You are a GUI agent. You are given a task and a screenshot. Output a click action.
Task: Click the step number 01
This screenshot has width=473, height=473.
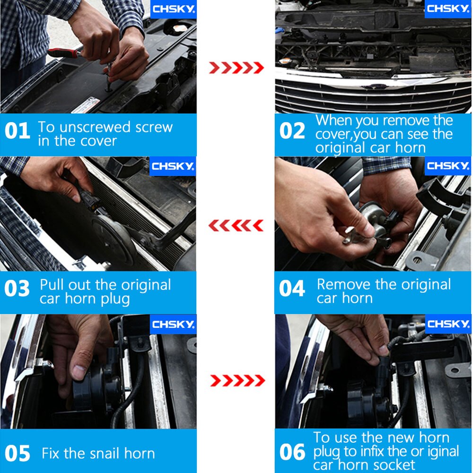pyautogui.click(x=17, y=131)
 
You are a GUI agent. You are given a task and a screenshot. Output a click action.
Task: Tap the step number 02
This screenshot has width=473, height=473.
pyautogui.click(x=292, y=131)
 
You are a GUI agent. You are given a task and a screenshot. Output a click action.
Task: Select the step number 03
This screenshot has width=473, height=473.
pyautogui.click(x=17, y=289)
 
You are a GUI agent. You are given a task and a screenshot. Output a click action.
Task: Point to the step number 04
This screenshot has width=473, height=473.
pyautogui.click(x=292, y=289)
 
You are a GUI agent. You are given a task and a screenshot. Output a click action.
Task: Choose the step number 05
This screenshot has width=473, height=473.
pyautogui.click(x=17, y=453)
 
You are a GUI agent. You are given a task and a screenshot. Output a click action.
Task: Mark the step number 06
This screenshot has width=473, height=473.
pyautogui.click(x=292, y=452)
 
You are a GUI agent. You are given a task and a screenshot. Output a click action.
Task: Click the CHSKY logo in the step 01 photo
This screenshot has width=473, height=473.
pyautogui.click(x=174, y=9)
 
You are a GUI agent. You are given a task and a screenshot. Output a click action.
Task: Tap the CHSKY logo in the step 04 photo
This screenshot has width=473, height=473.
pyautogui.click(x=448, y=166)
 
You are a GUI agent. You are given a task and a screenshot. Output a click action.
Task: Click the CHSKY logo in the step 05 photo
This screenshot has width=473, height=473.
pyautogui.click(x=173, y=324)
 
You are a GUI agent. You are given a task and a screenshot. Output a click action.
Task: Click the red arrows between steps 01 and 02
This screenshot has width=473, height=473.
pyautogui.click(x=236, y=68)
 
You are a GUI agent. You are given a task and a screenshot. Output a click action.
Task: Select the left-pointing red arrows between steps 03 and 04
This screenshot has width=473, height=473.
pyautogui.click(x=236, y=226)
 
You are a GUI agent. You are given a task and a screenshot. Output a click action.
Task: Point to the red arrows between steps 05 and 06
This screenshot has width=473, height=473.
pyautogui.click(x=237, y=381)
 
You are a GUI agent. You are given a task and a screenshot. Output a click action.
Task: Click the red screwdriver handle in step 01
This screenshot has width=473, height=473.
pyautogui.click(x=64, y=53)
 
